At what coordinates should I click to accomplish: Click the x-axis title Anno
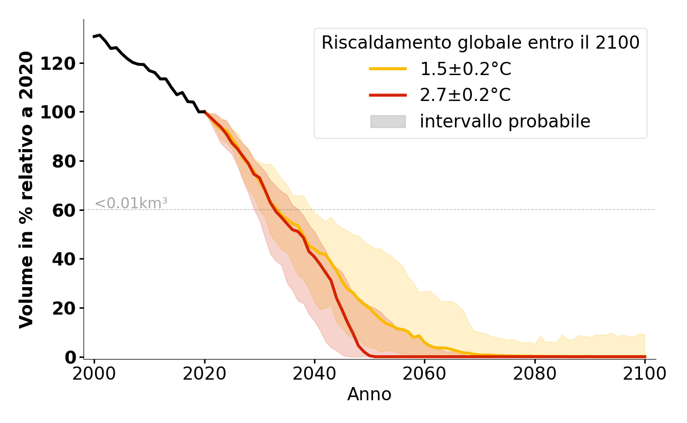pyautogui.click(x=369, y=394)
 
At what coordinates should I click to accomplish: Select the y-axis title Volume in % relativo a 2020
pyautogui.click(x=26, y=189)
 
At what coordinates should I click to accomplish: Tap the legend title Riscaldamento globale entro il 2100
pyautogui.click(x=480, y=43)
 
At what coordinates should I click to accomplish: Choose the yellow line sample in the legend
pyautogui.click(x=388, y=69)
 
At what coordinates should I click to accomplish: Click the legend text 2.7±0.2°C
pyautogui.click(x=465, y=95)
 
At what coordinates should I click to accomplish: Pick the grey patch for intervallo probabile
pyautogui.click(x=388, y=122)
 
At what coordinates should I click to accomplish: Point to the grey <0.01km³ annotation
pyautogui.click(x=131, y=203)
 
